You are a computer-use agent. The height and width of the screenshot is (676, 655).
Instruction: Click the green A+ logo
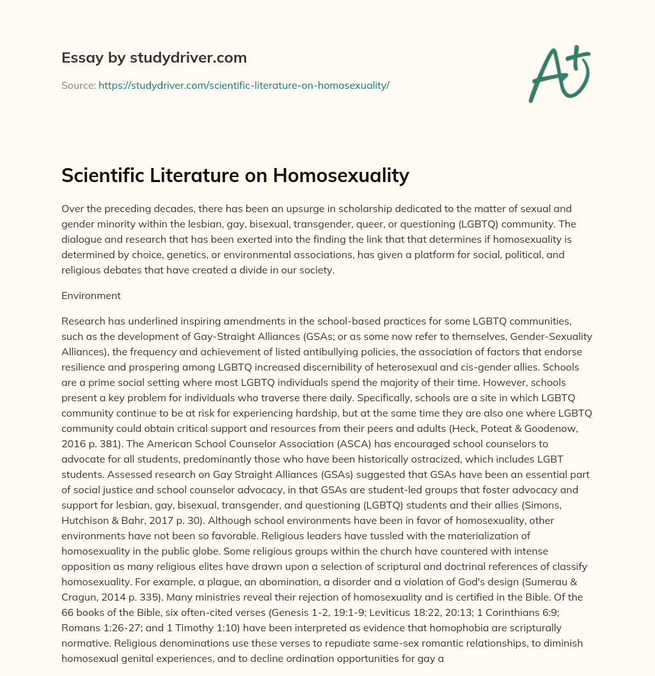pyautogui.click(x=558, y=75)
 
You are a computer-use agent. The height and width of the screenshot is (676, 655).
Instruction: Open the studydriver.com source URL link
pyautogui.click(x=244, y=85)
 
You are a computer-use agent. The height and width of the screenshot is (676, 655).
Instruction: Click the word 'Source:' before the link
pyautogui.click(x=78, y=85)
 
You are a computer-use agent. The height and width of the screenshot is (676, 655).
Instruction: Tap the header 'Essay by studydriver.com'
pyautogui.click(x=154, y=58)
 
